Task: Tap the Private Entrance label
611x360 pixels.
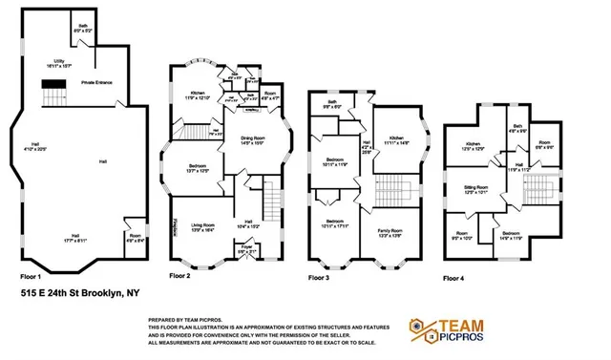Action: point(99,83)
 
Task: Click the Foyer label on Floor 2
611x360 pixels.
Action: point(245,250)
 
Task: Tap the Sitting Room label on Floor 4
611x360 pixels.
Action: point(475,189)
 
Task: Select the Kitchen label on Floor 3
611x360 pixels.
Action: point(398,140)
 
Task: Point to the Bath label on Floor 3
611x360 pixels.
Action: point(332,105)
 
